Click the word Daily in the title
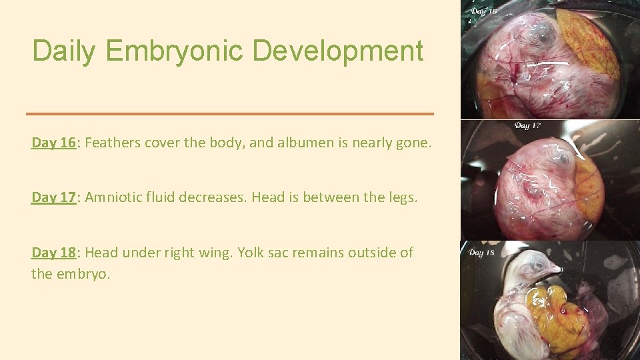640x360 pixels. coord(63,51)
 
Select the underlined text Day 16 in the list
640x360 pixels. coord(53,142)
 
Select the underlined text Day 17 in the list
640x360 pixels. coord(53,197)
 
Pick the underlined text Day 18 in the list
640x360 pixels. coord(53,253)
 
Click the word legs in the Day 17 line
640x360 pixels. coord(401,197)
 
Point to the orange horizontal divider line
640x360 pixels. coord(230,114)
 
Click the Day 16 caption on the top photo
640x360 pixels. coord(485,11)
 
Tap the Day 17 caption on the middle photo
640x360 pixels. coord(527,126)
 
